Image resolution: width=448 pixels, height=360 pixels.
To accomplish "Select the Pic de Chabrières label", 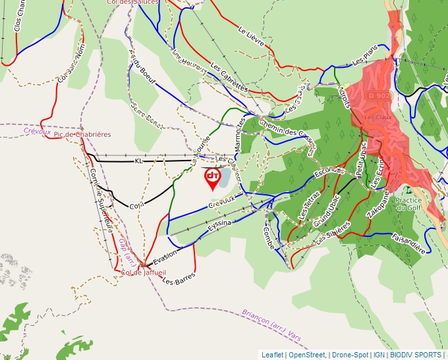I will pos(83,134).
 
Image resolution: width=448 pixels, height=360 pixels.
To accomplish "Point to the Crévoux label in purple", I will pos(37,132).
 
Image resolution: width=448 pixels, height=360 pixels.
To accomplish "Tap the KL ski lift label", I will pos(138,161).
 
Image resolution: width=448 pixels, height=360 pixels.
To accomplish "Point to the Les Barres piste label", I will pos(179,278).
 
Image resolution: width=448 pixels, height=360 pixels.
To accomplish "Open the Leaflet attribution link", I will pos(272,355).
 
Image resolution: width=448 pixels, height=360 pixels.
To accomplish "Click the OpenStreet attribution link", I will pos(307,355).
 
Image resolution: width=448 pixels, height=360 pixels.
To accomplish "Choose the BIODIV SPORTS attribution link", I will pos(416,355).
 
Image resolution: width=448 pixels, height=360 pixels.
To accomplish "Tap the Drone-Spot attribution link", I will pos(350,355).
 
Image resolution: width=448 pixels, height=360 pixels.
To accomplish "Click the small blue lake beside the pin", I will pos(224,176).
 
